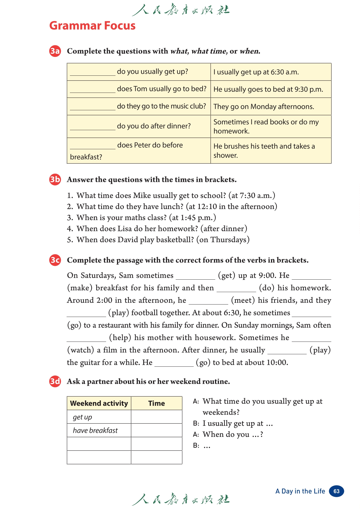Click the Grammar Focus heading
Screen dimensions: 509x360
click(x=92, y=26)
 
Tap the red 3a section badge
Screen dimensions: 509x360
click(x=55, y=51)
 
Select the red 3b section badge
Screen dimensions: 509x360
click(x=55, y=180)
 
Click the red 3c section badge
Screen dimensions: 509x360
click(x=55, y=260)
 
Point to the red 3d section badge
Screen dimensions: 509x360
click(x=55, y=382)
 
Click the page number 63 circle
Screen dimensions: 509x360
click(x=336, y=491)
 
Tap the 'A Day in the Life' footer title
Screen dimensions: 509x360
click(x=300, y=491)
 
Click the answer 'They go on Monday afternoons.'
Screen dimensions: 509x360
click(x=264, y=107)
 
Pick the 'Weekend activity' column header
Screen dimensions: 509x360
click(x=99, y=403)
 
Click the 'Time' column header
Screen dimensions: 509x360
click(x=156, y=403)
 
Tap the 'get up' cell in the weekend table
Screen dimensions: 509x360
click(x=82, y=417)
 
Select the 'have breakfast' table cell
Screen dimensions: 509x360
click(x=95, y=431)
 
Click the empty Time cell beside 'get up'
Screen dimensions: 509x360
click(x=156, y=417)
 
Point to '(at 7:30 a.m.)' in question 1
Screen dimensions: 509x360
click(x=252, y=195)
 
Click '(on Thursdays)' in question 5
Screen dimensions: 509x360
click(x=223, y=240)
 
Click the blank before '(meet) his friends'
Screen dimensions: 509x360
click(x=208, y=301)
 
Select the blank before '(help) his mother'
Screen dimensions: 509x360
click(x=86, y=339)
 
